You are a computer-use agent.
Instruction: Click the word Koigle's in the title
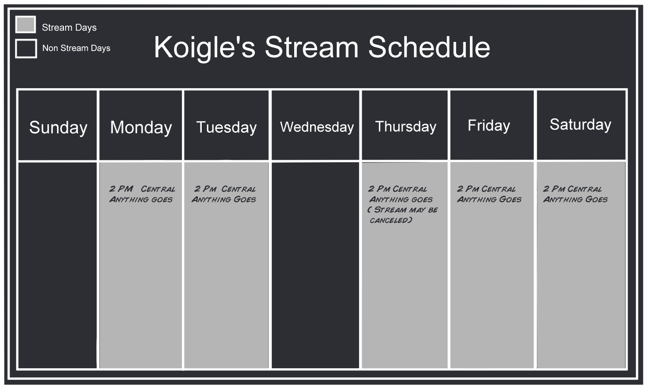pyautogui.click(x=204, y=48)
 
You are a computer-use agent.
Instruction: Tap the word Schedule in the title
pyautogui.click(x=429, y=47)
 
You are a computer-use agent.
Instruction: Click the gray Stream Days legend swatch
pyautogui.click(x=26, y=24)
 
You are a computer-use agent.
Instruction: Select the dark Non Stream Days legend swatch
pyautogui.click(x=26, y=48)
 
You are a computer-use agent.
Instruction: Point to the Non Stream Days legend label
pyautogui.click(x=76, y=48)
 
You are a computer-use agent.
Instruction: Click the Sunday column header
pyautogui.click(x=58, y=128)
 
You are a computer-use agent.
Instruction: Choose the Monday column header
pyautogui.click(x=141, y=128)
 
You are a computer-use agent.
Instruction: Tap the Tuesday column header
pyautogui.click(x=226, y=127)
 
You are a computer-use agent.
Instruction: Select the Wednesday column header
pyautogui.click(x=317, y=127)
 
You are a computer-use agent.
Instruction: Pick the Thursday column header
pyautogui.click(x=406, y=127)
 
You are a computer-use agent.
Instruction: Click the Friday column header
pyautogui.click(x=489, y=126)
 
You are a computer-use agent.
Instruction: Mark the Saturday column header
pyautogui.click(x=580, y=124)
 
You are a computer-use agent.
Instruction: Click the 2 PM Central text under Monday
pyautogui.click(x=142, y=189)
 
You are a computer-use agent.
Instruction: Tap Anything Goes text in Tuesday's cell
pyautogui.click(x=224, y=199)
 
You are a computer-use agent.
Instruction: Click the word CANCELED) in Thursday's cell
pyautogui.click(x=391, y=220)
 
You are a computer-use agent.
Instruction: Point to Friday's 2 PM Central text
pyautogui.click(x=486, y=189)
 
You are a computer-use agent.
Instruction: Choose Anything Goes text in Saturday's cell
pyautogui.click(x=575, y=199)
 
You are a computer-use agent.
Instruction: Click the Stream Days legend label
pyautogui.click(x=69, y=28)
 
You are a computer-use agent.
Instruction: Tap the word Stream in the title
pyautogui.click(x=311, y=47)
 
